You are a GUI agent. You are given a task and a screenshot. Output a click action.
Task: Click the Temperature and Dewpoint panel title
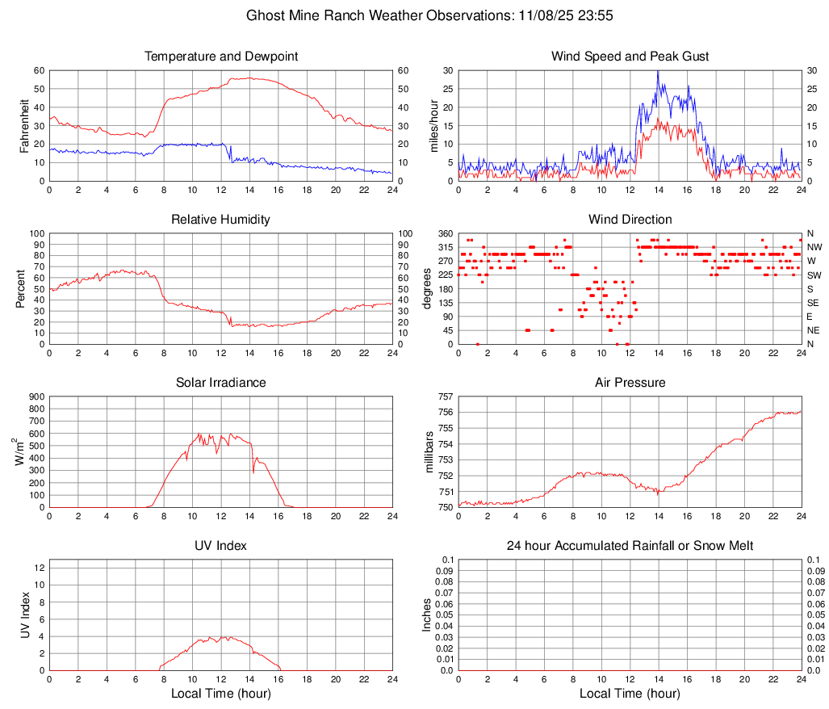click(x=221, y=57)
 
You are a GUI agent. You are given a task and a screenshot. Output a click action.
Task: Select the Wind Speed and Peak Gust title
click(x=630, y=57)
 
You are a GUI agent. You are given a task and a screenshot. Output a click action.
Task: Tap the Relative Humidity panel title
click(x=221, y=220)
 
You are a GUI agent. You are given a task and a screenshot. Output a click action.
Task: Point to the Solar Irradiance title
click(x=221, y=383)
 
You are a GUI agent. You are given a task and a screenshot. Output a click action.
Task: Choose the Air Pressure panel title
click(x=630, y=383)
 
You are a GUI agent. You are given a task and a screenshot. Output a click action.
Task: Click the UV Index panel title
click(x=221, y=546)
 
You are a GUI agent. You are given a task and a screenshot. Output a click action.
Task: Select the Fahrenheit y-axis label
click(x=23, y=125)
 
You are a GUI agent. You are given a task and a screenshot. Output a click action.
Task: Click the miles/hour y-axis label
click(x=433, y=125)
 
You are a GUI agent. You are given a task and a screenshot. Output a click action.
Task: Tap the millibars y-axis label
click(x=429, y=452)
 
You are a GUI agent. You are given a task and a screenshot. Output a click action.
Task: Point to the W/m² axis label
click(x=23, y=452)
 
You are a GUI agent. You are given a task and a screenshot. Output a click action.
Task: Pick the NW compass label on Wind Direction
click(x=814, y=247)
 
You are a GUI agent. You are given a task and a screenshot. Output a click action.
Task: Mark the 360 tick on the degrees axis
click(x=445, y=233)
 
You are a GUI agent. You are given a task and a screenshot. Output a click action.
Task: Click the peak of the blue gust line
click(x=658, y=71)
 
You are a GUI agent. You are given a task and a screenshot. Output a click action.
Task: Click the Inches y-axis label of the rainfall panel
click(x=427, y=615)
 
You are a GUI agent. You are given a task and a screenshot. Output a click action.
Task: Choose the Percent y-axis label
click(x=20, y=288)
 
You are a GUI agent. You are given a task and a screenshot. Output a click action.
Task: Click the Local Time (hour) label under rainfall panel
click(x=630, y=694)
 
